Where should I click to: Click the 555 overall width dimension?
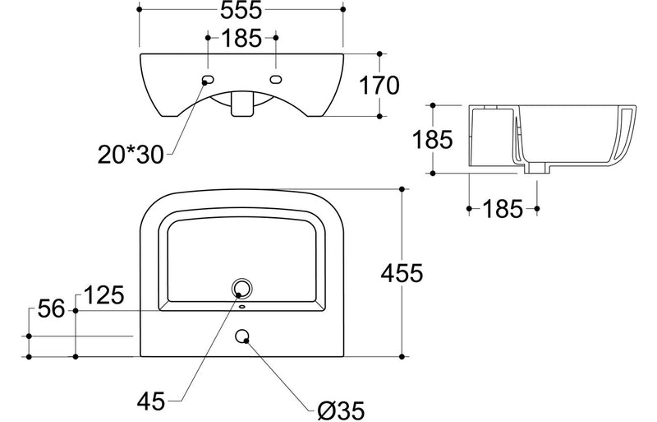click(241, 11)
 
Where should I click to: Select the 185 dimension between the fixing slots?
click(241, 38)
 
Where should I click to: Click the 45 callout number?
click(152, 401)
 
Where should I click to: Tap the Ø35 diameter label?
click(339, 406)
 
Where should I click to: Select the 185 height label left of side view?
click(434, 139)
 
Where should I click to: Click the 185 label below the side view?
click(503, 209)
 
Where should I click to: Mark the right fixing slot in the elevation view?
click(276, 80)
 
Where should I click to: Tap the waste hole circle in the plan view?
click(241, 288)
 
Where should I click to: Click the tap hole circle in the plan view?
click(242, 336)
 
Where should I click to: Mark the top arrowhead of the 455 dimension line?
click(402, 189)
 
